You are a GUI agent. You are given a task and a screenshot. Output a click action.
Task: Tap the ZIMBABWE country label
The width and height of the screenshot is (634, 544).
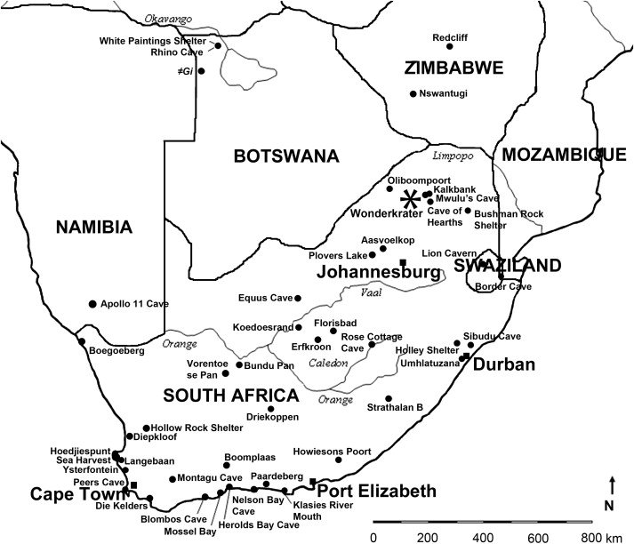coord(453,68)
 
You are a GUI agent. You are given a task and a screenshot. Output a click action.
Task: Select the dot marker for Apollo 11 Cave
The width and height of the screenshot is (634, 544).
coord(92,304)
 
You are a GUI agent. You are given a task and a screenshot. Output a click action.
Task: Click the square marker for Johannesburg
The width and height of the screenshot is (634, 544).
coord(403,262)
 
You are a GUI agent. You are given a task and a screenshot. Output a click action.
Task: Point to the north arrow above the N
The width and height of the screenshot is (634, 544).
coord(612,485)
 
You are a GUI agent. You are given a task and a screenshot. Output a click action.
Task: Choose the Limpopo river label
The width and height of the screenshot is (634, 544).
coord(449,156)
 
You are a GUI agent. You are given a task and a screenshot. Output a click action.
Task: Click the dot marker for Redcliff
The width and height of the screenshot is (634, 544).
coord(450,46)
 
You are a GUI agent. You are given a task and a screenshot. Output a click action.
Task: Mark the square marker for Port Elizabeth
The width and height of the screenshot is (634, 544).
coord(312,482)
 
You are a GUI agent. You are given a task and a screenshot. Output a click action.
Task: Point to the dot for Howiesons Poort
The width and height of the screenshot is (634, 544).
coord(339,460)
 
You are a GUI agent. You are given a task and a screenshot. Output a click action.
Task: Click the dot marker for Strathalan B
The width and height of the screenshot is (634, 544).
coord(389,399)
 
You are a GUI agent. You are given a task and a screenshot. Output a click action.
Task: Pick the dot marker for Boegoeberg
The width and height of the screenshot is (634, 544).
coord(81,341)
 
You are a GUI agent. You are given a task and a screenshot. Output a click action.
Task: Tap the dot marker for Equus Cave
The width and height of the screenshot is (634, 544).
coord(299,298)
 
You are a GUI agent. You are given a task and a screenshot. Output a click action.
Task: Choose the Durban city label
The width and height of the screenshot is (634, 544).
coord(503,364)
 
